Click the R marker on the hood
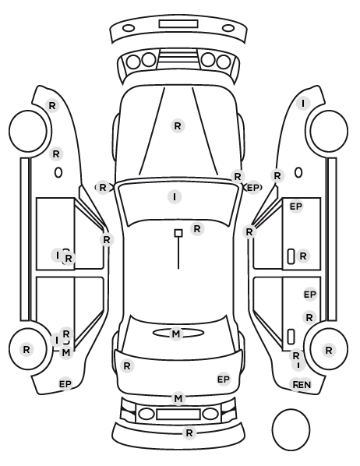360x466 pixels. pyautogui.click(x=178, y=125)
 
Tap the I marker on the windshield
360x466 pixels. pyautogui.click(x=175, y=196)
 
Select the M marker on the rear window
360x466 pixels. pyautogui.click(x=176, y=334)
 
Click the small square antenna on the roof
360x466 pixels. pyautogui.click(x=178, y=233)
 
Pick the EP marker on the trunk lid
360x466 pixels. pyautogui.click(x=224, y=380)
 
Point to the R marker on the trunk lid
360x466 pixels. pyautogui.click(x=127, y=365)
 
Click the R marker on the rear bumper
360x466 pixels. pyautogui.click(x=189, y=433)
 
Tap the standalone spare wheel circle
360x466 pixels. pyautogui.click(x=291, y=429)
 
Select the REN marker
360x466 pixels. pyautogui.click(x=301, y=385)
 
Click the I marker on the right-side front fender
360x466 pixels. pyautogui.click(x=303, y=104)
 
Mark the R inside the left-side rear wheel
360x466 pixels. pyautogui.click(x=26, y=349)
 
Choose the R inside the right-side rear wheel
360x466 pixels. pyautogui.click(x=329, y=351)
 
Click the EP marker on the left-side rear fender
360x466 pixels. pyautogui.click(x=65, y=384)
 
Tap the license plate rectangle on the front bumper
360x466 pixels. pyautogui.click(x=178, y=24)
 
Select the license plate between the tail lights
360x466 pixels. pyautogui.click(x=178, y=414)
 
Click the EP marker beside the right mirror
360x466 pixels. pyautogui.click(x=253, y=188)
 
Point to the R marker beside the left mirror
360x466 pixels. pyautogui.click(x=103, y=188)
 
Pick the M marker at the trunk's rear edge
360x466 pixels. pyautogui.click(x=178, y=398)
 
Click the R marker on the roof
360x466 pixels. pyautogui.click(x=197, y=229)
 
